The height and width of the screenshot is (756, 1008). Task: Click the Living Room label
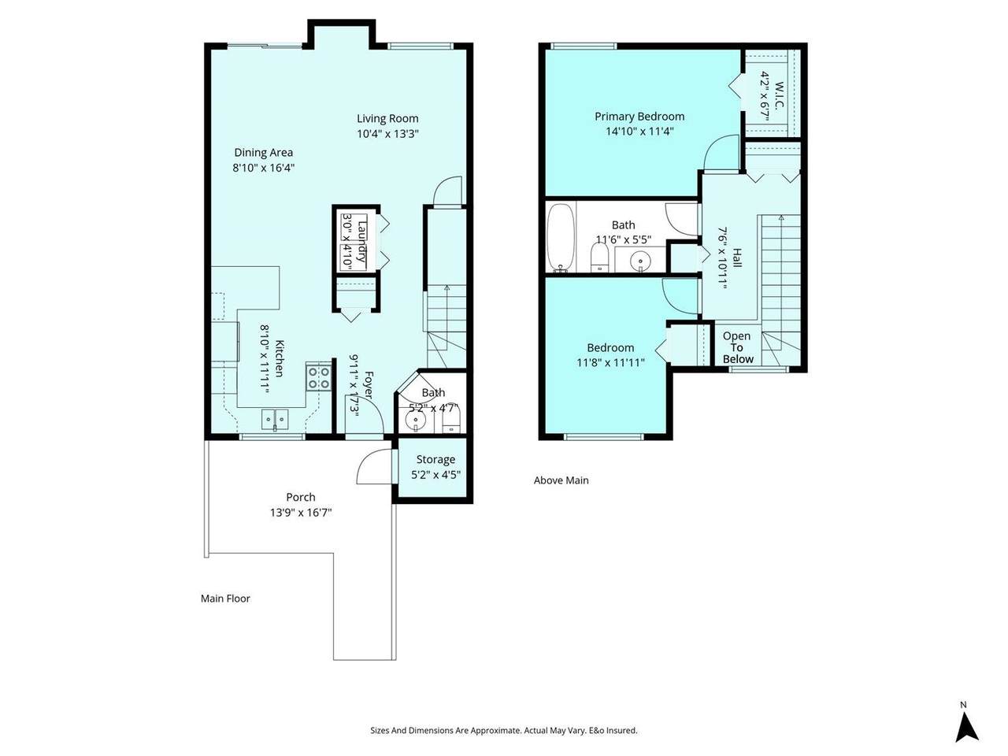(x=387, y=118)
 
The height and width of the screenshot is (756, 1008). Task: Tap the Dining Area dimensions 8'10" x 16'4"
(x=263, y=168)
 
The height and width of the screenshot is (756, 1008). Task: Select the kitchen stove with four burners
(x=318, y=377)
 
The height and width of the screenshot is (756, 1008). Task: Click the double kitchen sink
(x=275, y=420)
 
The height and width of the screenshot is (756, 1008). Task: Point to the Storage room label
(x=435, y=459)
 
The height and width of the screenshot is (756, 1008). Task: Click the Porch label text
(x=301, y=497)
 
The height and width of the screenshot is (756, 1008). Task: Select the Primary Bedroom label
(x=639, y=117)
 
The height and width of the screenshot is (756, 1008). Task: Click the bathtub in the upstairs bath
(x=560, y=239)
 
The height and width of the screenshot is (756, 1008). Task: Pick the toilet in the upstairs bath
(x=598, y=257)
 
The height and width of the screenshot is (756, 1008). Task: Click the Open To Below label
(x=738, y=347)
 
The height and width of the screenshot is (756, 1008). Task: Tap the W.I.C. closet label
(x=778, y=95)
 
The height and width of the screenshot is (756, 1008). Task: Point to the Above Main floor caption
(x=561, y=480)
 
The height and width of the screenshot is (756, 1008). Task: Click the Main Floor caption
(x=225, y=598)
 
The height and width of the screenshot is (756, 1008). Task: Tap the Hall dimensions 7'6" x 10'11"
(x=722, y=258)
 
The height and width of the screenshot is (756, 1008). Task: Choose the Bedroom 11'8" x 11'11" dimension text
(x=611, y=362)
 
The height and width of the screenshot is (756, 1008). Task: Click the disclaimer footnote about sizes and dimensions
(x=504, y=730)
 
